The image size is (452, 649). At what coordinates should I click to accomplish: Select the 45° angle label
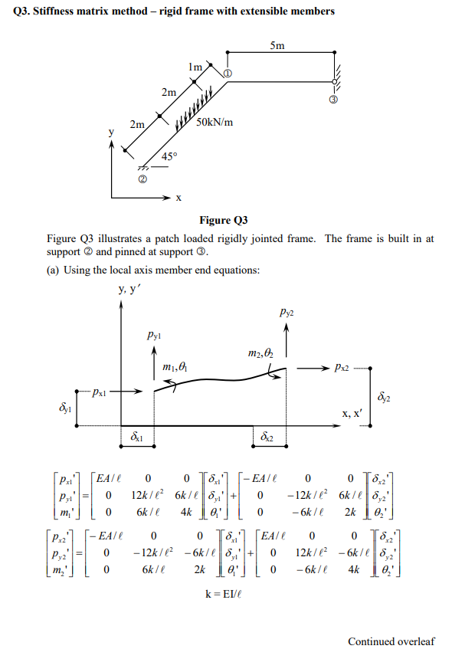(170, 157)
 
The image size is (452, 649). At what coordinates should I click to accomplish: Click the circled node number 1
(227, 73)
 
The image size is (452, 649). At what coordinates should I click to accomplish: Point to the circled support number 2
(142, 181)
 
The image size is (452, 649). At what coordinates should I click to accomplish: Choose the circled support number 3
(333, 100)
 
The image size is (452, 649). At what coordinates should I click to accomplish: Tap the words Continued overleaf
(391, 641)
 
